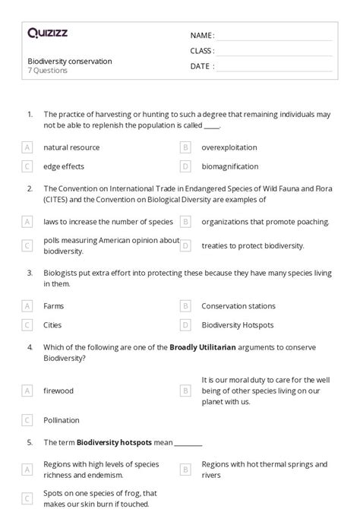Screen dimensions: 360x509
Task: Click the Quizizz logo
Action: click(x=47, y=33)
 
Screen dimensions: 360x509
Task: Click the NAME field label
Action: click(x=202, y=36)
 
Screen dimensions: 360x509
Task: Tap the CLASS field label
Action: click(x=202, y=51)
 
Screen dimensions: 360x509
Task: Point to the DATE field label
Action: click(x=201, y=66)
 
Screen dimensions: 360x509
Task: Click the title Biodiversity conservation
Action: click(x=69, y=61)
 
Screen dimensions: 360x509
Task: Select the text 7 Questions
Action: click(x=48, y=71)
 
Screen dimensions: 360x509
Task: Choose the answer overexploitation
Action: click(x=229, y=147)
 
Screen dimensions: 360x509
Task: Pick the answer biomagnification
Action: click(x=230, y=166)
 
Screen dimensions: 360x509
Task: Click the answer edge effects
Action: click(x=64, y=166)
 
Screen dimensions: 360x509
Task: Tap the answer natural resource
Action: click(x=71, y=147)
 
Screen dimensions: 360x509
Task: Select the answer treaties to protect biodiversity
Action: click(x=253, y=245)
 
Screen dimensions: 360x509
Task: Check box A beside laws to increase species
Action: click(x=27, y=222)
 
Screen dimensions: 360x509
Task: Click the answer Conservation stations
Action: click(x=238, y=306)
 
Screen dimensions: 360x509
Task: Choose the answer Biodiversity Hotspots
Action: click(x=238, y=325)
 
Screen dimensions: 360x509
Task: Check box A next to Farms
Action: click(x=27, y=306)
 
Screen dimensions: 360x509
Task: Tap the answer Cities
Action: click(x=53, y=325)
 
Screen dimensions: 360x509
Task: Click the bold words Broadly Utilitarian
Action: click(x=200, y=347)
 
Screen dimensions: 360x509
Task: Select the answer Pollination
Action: click(x=62, y=420)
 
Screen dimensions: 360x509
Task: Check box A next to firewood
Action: click(x=27, y=390)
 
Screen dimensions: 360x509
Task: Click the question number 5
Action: click(x=30, y=441)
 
